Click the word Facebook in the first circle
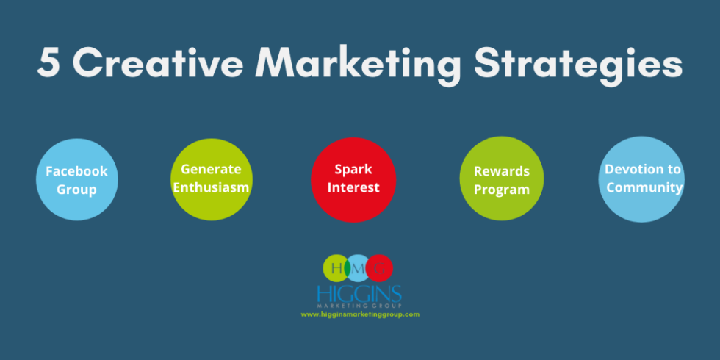76,171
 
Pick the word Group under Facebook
76,190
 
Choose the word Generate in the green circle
211,169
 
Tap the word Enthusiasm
211,187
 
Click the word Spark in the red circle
353,169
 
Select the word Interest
353,187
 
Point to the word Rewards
501,171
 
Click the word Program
501,190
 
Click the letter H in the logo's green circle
336,268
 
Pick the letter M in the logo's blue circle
359,268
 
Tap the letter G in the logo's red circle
380,268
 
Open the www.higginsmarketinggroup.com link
359,314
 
